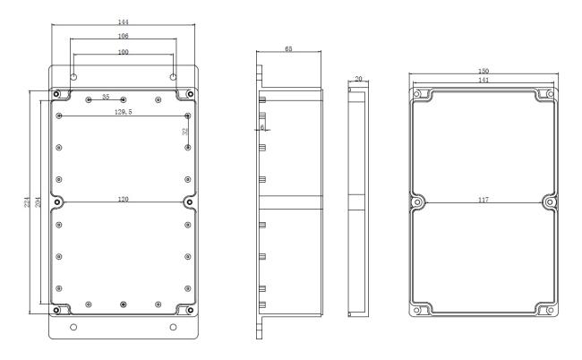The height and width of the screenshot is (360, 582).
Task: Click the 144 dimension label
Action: pyautogui.click(x=123, y=21)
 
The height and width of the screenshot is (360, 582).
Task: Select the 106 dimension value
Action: pyautogui.click(x=123, y=36)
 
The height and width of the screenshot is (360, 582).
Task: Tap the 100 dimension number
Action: pyautogui.click(x=123, y=52)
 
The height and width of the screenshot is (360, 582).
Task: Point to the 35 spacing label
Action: pyautogui.click(x=106, y=97)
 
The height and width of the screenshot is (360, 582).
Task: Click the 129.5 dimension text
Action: pyautogui.click(x=123, y=112)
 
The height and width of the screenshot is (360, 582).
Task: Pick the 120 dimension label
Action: pyautogui.click(x=123, y=200)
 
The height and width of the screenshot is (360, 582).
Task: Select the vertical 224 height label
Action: pyautogui.click(x=27, y=202)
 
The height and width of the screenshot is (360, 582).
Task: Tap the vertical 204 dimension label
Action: pyautogui.click(x=38, y=201)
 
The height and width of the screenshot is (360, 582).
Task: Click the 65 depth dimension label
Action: pyautogui.click(x=288, y=48)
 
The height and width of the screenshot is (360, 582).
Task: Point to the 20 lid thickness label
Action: pyautogui.click(x=358, y=79)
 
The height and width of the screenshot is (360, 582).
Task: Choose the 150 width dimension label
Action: pyautogui.click(x=483, y=71)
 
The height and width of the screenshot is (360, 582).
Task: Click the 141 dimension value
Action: pyautogui.click(x=483, y=80)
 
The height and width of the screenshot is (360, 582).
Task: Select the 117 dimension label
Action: pyautogui.click(x=483, y=200)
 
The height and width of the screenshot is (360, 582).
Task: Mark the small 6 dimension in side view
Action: pyautogui.click(x=262, y=127)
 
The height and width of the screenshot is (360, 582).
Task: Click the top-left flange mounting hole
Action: pyautogui.click(x=73, y=77)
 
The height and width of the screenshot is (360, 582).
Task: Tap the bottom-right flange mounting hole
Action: pyautogui.click(x=173, y=327)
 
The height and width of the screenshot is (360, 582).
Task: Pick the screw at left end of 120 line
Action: pyautogui.click(x=57, y=202)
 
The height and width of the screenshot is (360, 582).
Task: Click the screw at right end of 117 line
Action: pyautogui.click(x=550, y=202)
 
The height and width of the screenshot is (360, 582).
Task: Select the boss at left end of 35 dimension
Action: pyautogui.click(x=89, y=99)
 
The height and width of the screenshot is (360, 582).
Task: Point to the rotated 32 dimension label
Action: pyautogui.click(x=184, y=132)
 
